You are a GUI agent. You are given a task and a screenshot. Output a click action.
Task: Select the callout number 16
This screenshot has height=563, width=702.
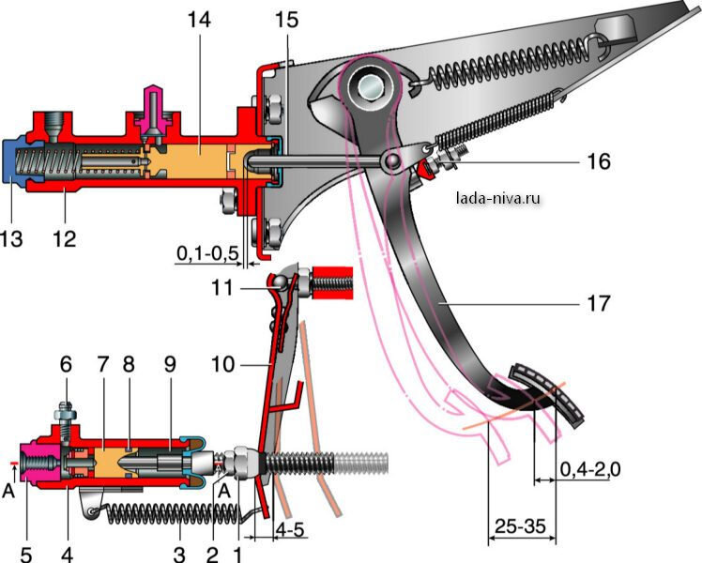coord(598,162)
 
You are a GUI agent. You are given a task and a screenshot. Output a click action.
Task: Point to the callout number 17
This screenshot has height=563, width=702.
coord(598,304)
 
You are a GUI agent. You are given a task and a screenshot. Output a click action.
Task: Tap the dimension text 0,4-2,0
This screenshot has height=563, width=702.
coord(589,467)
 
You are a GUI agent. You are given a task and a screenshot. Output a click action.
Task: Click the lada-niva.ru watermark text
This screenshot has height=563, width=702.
coord(497,198)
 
